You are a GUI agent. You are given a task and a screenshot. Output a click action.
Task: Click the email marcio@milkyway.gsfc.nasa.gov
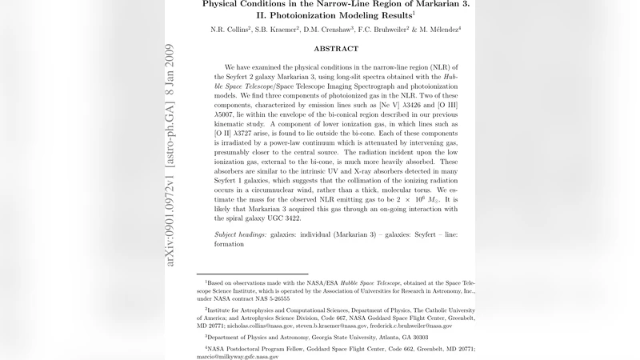(x=238, y=357)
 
